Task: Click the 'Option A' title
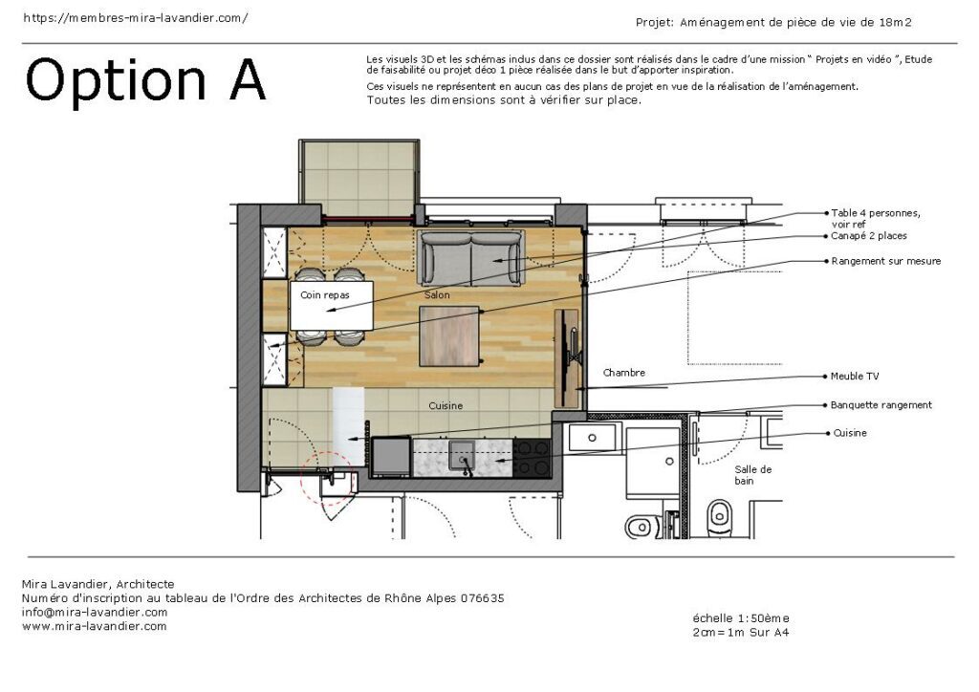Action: click(145, 80)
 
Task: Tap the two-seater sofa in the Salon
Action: click(470, 257)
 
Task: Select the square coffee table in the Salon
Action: click(449, 335)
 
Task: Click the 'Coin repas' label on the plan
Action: click(324, 295)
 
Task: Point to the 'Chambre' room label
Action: click(623, 373)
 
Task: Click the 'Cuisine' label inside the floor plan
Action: click(446, 406)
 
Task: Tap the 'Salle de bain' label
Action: click(752, 475)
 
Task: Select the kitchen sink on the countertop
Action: click(463, 454)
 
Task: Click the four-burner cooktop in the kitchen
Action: click(533, 457)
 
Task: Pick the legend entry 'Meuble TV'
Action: click(855, 377)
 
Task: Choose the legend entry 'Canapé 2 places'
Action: click(869, 236)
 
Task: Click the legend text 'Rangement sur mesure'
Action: click(885, 261)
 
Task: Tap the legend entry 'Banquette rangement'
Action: click(881, 405)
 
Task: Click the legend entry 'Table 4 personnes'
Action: click(875, 213)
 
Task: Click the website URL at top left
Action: click(135, 18)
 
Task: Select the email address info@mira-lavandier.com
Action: click(94, 613)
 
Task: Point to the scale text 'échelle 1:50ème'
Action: click(741, 618)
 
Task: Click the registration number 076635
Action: click(482, 598)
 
